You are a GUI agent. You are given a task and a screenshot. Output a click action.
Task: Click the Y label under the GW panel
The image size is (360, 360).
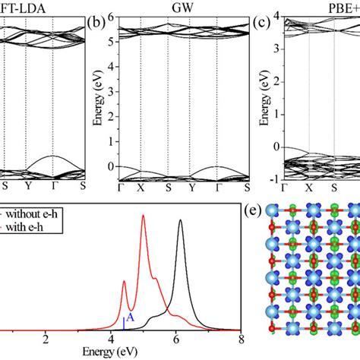(x=192, y=188)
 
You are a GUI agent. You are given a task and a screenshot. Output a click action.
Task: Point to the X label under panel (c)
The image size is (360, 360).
(x=309, y=188)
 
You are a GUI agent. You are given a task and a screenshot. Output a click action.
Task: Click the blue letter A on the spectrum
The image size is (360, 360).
(x=131, y=318)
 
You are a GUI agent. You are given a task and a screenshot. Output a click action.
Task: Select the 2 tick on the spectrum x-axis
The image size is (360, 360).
(x=46, y=339)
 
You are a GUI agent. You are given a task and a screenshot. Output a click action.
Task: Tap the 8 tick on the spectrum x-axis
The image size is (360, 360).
(x=241, y=339)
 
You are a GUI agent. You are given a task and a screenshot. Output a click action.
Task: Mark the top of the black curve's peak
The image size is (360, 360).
(x=180, y=220)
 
